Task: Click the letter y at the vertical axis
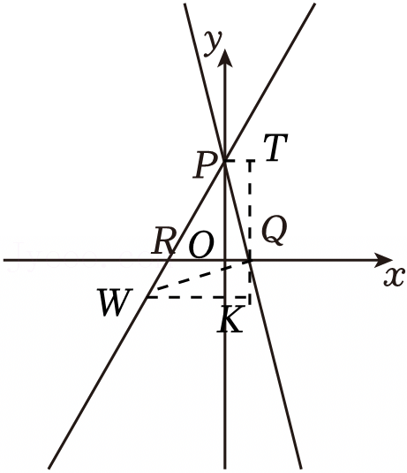pos(213,43)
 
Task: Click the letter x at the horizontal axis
pos(394,277)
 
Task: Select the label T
pos(275,148)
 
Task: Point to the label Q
pos(275,230)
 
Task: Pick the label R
pos(163,240)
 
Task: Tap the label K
pos(230,318)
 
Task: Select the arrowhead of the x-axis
pos(384,260)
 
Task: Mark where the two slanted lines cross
pos(224,160)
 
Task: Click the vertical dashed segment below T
pos(250,229)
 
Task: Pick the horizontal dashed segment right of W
pos(198,297)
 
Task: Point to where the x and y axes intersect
pos(225,260)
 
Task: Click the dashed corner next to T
pos(250,161)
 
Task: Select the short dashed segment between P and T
pos(237,161)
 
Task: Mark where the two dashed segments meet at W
pos(147,297)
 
